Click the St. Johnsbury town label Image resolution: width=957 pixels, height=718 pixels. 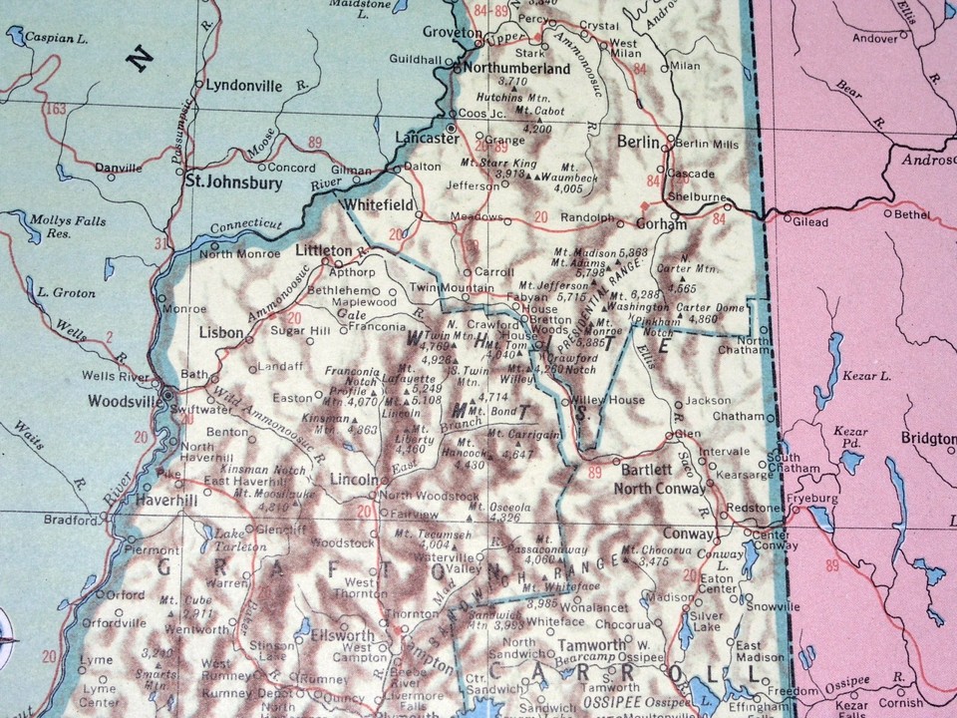tap(234, 182)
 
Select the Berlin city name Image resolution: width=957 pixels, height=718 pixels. tap(638, 143)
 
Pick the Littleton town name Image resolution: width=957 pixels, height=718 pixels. tap(324, 249)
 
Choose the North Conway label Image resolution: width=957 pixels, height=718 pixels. tap(659, 489)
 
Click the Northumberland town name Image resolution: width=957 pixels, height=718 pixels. tap(512, 69)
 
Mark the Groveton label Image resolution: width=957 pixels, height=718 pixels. tap(452, 32)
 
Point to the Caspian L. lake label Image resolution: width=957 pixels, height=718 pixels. tap(49, 36)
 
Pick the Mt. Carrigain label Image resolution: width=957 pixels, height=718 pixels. tap(522, 435)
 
